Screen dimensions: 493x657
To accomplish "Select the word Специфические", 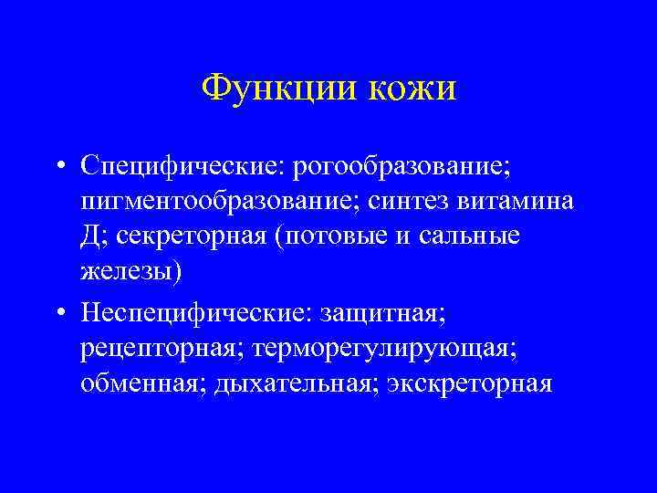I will tap(182, 166).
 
